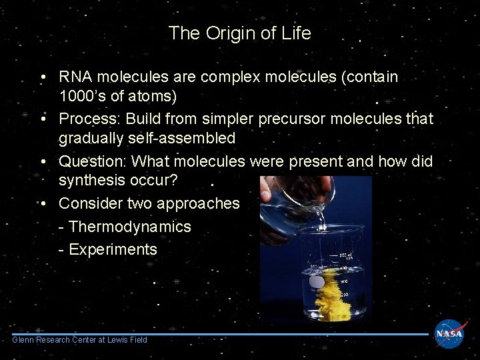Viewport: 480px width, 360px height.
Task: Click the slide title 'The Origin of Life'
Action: pyautogui.click(x=240, y=33)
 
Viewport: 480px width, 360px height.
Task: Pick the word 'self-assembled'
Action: pyautogui.click(x=180, y=139)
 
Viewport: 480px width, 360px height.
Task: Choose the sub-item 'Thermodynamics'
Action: pyautogui.click(x=129, y=227)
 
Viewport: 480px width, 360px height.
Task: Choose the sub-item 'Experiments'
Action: pyautogui.click(x=113, y=250)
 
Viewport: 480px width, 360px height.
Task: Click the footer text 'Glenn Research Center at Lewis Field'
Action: pyautogui.click(x=80, y=340)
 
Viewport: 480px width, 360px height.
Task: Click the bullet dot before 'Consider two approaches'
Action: pyautogui.click(x=42, y=203)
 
